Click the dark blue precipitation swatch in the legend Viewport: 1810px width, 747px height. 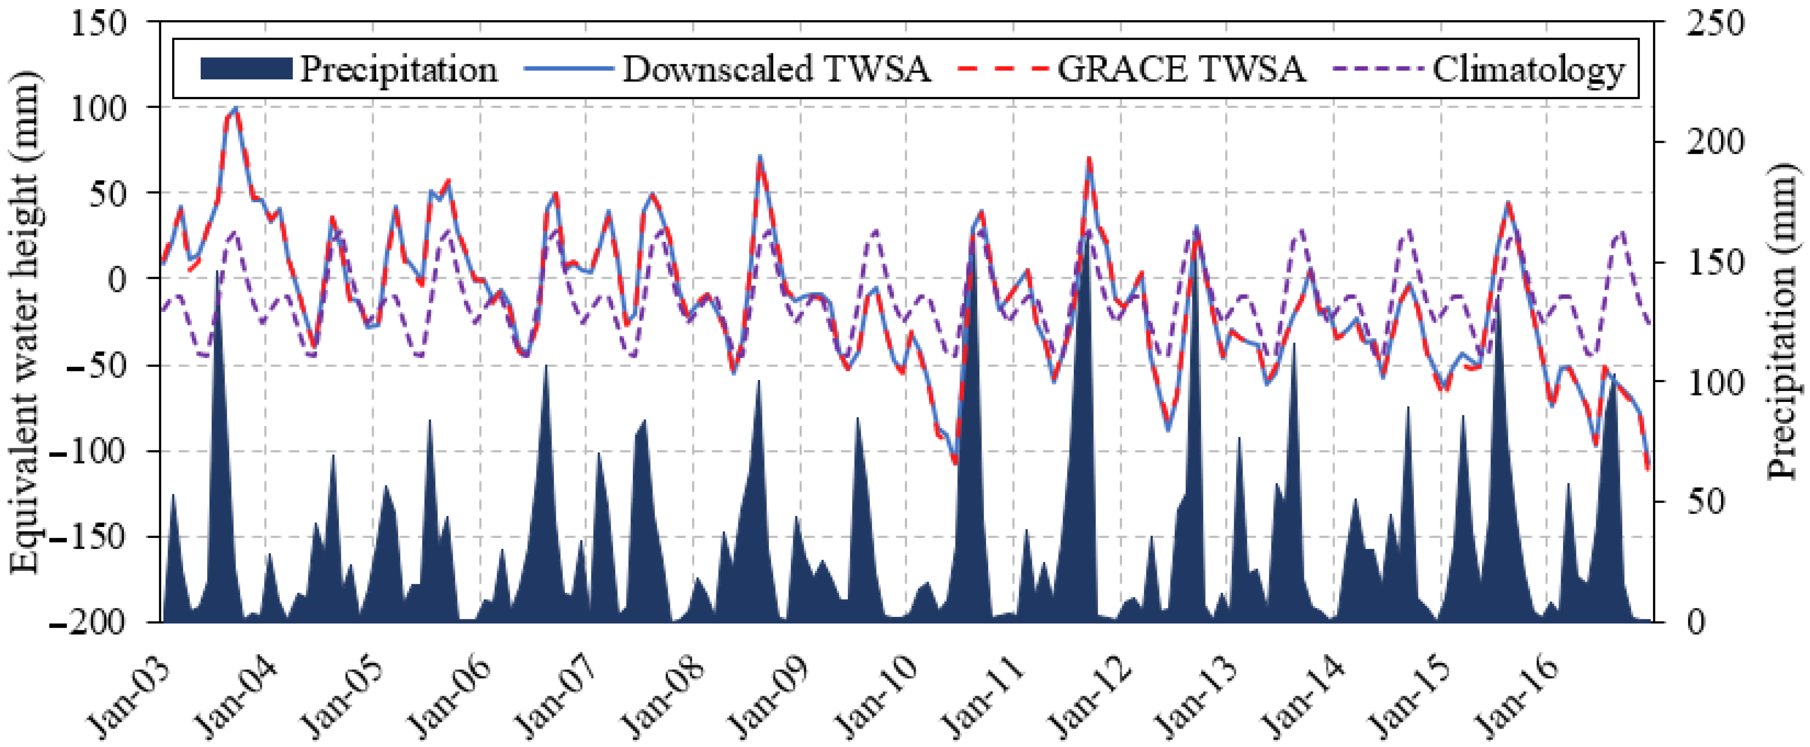click(246, 69)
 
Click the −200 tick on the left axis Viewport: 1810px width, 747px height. click(88, 623)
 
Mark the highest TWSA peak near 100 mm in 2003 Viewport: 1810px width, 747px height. click(236, 108)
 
